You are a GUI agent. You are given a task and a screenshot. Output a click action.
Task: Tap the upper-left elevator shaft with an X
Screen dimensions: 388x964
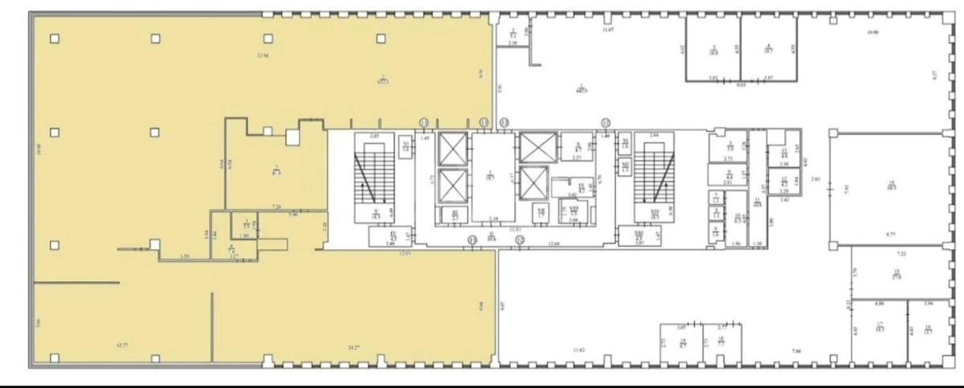click(x=453, y=149)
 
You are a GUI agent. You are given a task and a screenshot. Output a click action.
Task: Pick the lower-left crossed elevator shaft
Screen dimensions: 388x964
click(x=453, y=186)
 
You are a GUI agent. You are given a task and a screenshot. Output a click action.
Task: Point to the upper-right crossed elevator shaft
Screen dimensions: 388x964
click(x=533, y=146)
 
